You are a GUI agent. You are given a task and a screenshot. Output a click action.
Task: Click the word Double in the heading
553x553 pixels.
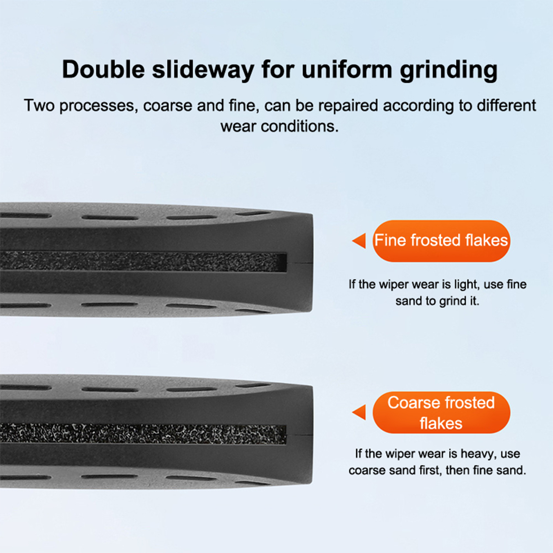103,69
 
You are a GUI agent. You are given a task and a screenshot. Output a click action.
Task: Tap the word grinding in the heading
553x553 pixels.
449,71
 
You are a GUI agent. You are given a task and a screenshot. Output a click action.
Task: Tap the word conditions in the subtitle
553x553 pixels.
300,126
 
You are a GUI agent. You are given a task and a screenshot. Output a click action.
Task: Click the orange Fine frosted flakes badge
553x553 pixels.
441,241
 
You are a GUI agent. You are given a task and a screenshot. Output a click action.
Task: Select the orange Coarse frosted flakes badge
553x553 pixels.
441,413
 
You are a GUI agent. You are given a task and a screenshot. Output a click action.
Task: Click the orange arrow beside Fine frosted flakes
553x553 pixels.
359,241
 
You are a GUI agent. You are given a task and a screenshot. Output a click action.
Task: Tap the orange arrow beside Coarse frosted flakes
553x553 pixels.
359,412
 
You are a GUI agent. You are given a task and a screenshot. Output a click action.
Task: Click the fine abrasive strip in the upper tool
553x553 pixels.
143,262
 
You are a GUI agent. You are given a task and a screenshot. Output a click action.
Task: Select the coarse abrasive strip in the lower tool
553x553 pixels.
143,434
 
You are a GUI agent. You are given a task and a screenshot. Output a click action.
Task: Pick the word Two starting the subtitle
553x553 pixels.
39,105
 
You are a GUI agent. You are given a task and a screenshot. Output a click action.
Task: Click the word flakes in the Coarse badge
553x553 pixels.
441,423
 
